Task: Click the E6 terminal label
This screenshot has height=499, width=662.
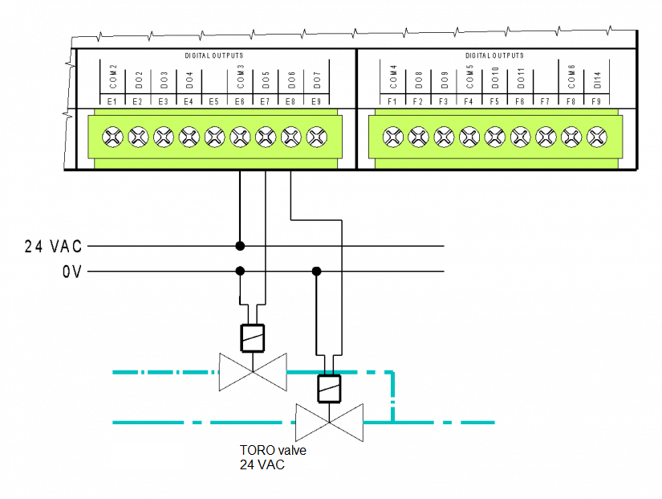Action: pos(240,102)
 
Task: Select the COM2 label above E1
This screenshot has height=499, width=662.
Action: pos(113,77)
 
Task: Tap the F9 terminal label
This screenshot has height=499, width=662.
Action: pos(596,102)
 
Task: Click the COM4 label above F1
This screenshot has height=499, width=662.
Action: pos(393,77)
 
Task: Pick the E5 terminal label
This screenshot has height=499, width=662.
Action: pos(214,102)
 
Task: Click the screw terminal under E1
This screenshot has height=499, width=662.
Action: pos(112,137)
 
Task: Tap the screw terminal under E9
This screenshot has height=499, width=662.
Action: pos(316,137)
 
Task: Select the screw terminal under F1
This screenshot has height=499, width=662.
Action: pos(392,137)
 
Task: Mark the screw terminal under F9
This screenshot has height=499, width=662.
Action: pos(596,137)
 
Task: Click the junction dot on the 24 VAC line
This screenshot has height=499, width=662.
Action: pos(240,246)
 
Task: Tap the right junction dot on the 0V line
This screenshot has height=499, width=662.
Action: pos(317,272)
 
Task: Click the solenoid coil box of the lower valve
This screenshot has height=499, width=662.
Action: pos(329,388)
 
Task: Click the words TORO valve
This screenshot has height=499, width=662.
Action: pos(273,451)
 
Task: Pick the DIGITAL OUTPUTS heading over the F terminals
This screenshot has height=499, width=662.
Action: pos(494,55)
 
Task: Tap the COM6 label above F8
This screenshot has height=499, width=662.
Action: pos(571,77)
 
